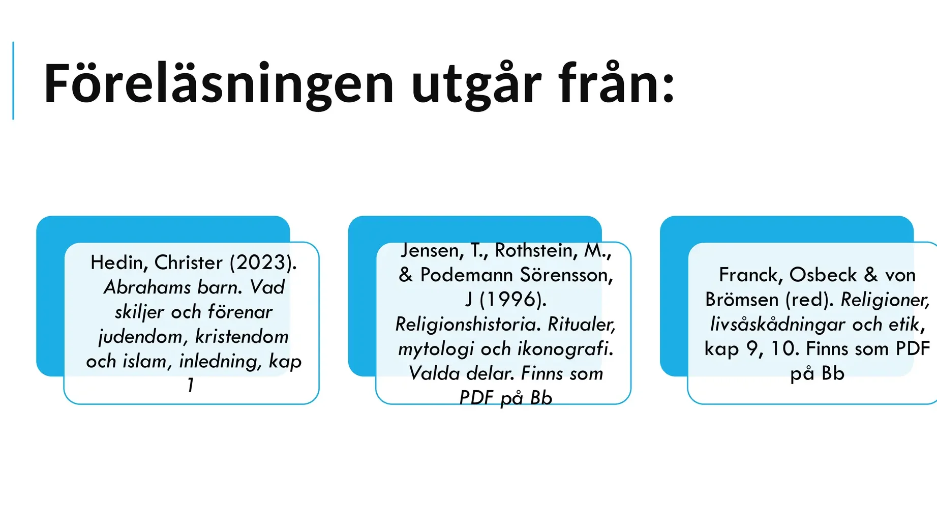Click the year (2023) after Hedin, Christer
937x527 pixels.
263,262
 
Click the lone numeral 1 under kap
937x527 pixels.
191,385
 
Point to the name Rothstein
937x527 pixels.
536,251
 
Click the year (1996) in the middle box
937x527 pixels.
513,300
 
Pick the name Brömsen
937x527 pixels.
742,300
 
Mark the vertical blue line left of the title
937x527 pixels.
13,81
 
